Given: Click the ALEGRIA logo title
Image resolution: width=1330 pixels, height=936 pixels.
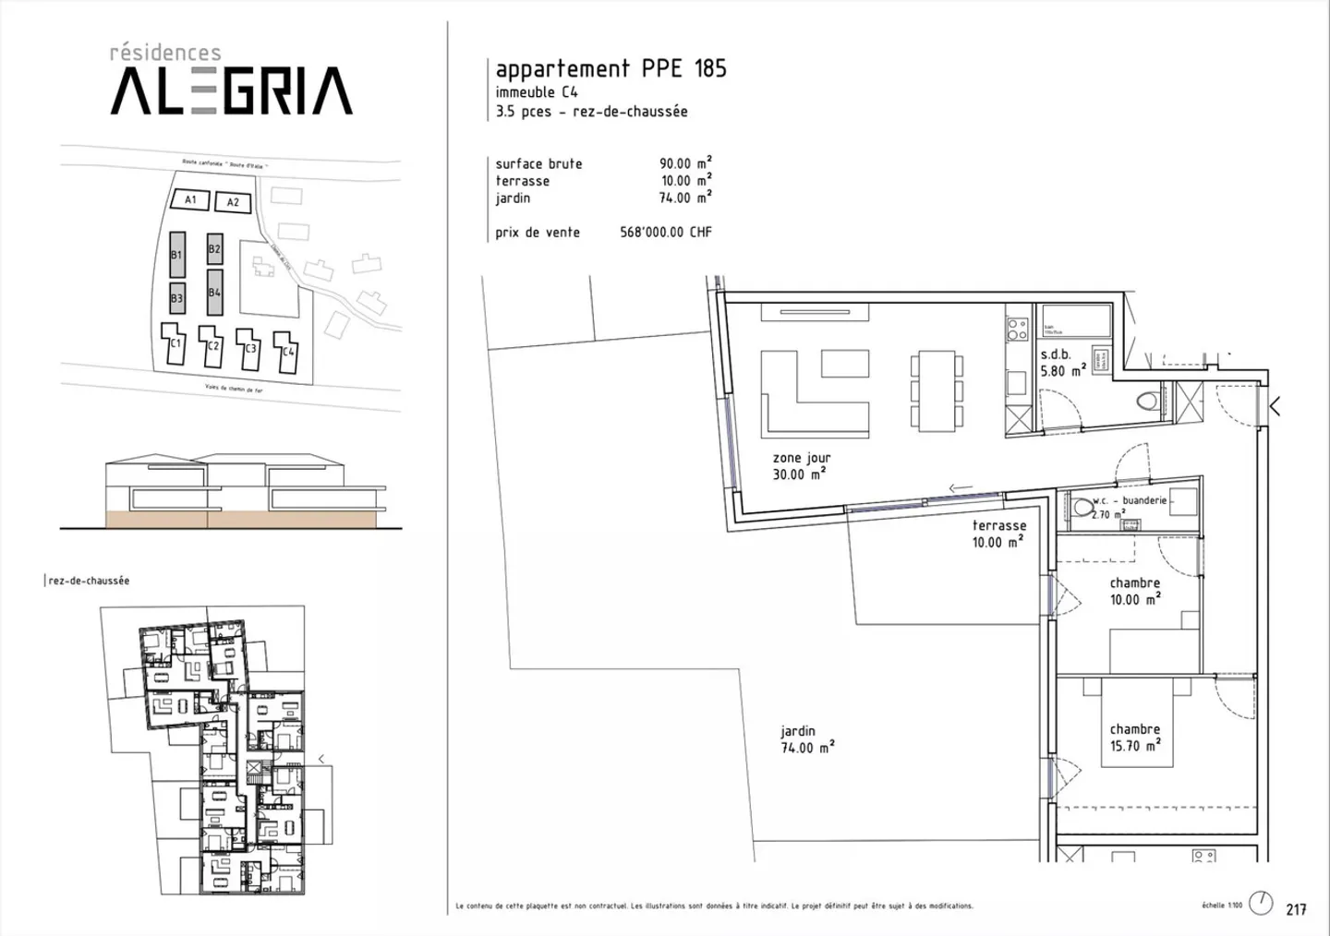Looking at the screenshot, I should [x=231, y=90].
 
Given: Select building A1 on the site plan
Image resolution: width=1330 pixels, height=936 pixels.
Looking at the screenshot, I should [x=190, y=199].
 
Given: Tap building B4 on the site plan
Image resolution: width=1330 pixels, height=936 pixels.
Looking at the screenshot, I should [x=214, y=293].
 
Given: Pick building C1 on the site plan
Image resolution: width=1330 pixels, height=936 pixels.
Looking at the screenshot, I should [x=174, y=344].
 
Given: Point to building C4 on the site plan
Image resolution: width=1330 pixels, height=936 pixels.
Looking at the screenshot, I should [x=287, y=351].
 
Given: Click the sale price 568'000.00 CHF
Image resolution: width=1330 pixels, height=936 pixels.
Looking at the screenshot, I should [x=665, y=233].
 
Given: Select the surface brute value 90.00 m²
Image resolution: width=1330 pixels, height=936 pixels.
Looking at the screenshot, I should [x=684, y=163].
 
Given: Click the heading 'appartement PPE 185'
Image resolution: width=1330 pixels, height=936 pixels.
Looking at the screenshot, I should [x=611, y=68].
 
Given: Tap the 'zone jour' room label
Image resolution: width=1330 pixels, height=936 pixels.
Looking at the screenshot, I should [x=802, y=458].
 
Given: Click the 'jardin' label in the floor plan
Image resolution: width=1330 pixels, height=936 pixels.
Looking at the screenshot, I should [x=798, y=731].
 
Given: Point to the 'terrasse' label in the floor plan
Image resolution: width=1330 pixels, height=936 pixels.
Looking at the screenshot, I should [x=998, y=526].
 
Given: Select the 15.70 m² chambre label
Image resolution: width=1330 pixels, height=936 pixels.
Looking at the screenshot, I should [x=1135, y=738].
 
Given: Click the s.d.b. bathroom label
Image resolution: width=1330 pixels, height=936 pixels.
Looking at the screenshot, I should [x=1056, y=354].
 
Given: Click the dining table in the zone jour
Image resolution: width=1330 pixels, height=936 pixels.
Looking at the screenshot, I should [x=936, y=390].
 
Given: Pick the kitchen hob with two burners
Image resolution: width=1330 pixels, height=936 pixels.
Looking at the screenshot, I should [x=1017, y=330].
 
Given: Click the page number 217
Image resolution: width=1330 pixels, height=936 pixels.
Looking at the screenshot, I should [x=1296, y=909].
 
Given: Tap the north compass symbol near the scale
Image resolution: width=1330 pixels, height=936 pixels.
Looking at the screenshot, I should [x=1260, y=903].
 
